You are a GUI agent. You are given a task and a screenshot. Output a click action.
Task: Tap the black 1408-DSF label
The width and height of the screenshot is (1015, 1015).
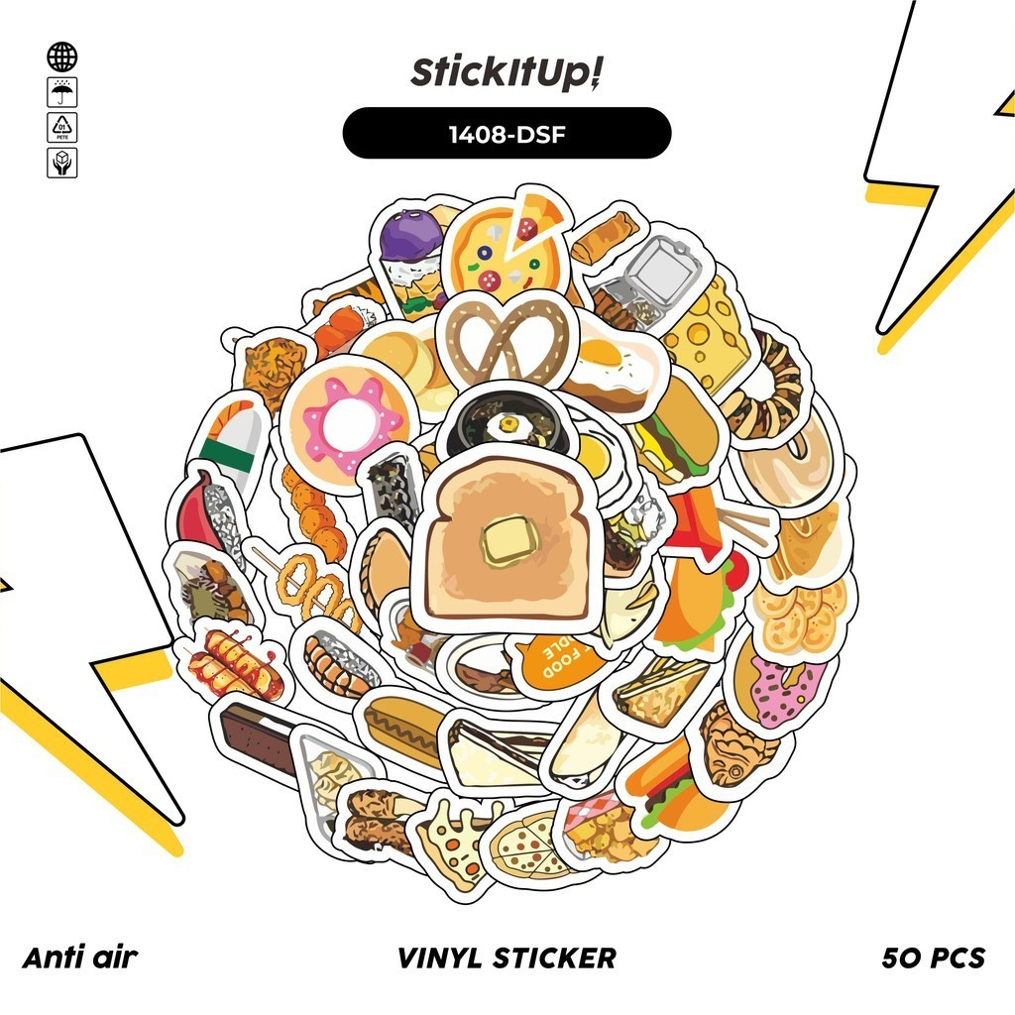[x=507, y=134]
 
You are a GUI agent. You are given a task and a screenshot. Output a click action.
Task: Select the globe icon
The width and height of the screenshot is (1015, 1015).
[x=61, y=56]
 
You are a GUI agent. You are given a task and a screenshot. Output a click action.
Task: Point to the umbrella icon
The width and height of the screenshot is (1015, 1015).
[x=61, y=92]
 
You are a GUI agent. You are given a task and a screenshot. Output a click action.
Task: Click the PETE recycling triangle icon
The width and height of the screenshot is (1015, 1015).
[x=61, y=127]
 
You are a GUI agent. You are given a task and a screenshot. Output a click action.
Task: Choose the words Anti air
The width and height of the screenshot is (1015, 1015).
[x=79, y=958]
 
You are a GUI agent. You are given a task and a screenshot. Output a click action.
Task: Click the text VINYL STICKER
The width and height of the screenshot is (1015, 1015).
[x=507, y=958]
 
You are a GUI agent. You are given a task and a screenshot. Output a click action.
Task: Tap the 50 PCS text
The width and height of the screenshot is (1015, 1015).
[x=933, y=958]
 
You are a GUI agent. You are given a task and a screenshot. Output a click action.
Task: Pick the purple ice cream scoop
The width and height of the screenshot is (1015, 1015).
[x=408, y=238]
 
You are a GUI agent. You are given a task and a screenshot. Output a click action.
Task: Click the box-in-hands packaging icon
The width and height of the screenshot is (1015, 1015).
[x=61, y=162]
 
